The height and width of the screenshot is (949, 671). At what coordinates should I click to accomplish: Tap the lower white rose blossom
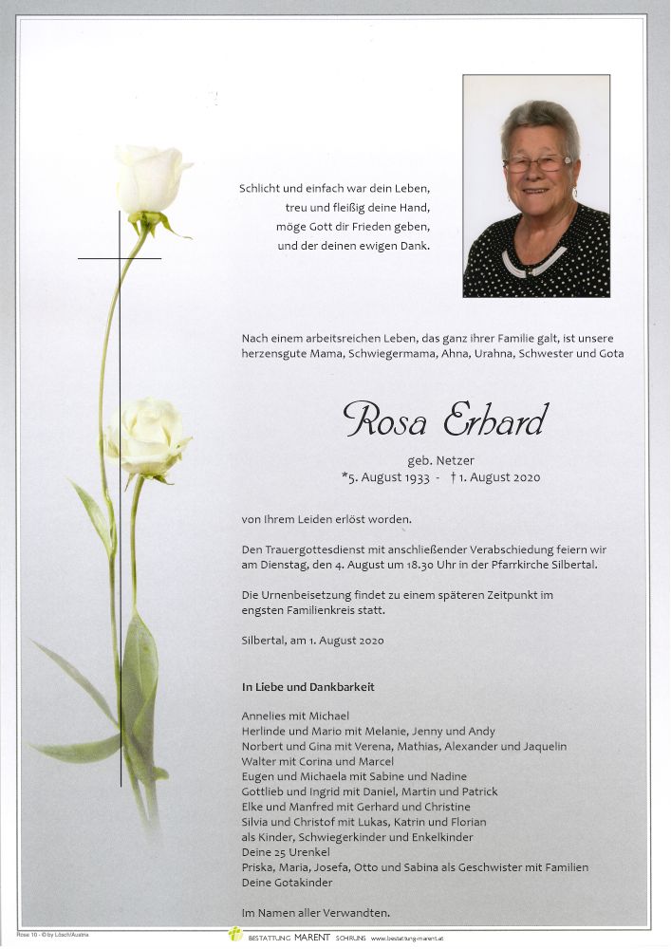click(x=147, y=437)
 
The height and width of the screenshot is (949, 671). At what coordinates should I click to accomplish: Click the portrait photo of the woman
click(x=536, y=186)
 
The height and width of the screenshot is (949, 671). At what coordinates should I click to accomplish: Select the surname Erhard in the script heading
click(x=494, y=419)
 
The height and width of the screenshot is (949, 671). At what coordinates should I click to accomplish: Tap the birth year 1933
click(x=410, y=477)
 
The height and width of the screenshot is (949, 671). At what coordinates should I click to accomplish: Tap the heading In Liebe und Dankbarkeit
click(x=308, y=686)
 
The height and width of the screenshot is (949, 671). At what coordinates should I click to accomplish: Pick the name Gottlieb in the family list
click(x=266, y=791)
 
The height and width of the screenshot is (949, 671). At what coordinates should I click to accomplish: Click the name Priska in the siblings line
click(x=258, y=867)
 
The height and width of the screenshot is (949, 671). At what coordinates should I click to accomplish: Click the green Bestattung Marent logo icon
click(x=234, y=935)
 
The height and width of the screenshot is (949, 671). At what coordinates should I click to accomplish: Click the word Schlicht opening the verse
click(x=262, y=189)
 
